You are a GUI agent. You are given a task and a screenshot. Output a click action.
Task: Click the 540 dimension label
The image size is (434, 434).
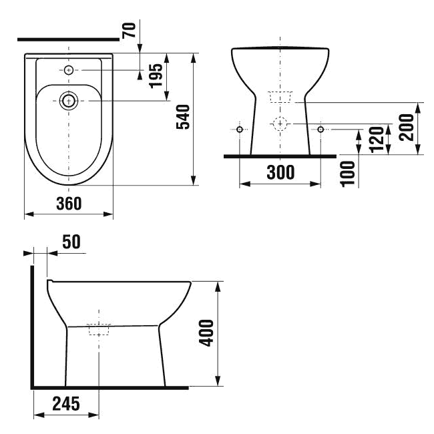tap(183, 117)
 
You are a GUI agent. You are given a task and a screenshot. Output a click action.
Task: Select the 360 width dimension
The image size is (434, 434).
tap(69, 204)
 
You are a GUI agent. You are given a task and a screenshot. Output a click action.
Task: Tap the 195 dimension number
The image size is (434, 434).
tap(156, 76)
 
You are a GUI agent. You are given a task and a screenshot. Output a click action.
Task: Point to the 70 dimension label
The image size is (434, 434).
tap(129, 30)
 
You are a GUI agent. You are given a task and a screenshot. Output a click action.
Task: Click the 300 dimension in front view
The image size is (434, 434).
tap(280, 172)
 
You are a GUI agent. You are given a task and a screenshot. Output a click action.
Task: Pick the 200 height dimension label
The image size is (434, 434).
tap(407, 128)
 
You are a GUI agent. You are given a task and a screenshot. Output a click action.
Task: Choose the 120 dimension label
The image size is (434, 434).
tap(377, 140)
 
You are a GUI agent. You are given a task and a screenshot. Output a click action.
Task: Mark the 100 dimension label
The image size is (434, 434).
tap(348, 174)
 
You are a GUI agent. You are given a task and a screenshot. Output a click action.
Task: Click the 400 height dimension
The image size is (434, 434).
tap(206, 333)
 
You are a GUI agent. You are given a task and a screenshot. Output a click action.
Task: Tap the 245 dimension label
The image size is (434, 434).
tap(66, 403)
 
